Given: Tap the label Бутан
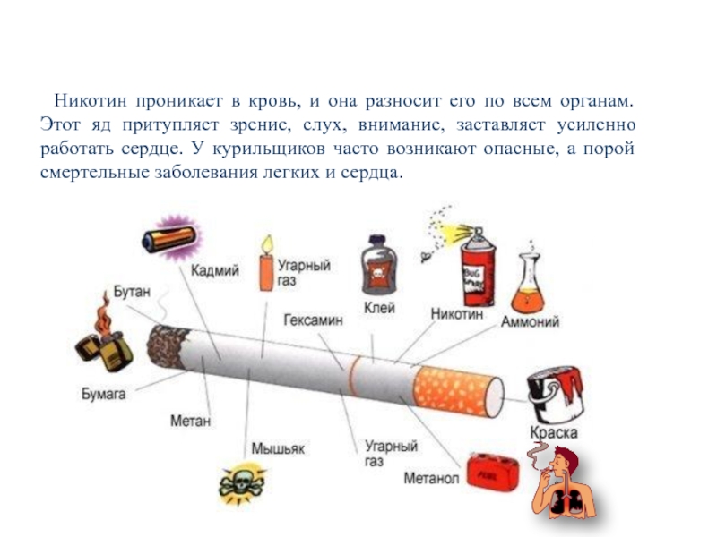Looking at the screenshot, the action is (132, 292).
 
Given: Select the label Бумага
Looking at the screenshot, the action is (103, 393).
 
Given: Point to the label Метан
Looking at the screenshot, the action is (190, 419).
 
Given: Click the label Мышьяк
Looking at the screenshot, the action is (274, 447).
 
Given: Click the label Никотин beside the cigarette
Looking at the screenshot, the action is (456, 315).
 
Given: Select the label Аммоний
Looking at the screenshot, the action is (531, 321).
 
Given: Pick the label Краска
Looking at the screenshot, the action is (553, 432).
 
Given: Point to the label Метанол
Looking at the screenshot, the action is (431, 479).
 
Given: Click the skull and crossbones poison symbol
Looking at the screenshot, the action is (242, 485).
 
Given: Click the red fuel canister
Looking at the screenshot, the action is (491, 472).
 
